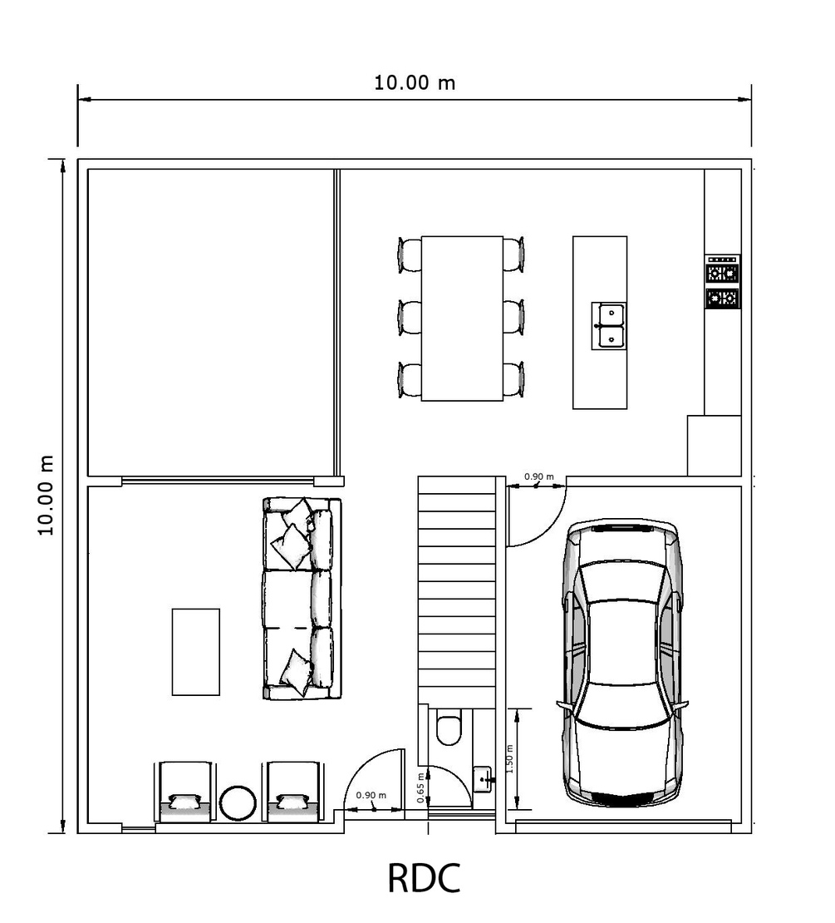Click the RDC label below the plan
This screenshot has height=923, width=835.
point(424,878)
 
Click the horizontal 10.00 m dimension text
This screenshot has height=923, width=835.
point(415,83)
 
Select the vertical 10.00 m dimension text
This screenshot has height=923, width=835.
point(46,495)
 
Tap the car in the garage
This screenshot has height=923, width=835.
point(623,663)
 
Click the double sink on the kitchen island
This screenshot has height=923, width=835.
point(609,326)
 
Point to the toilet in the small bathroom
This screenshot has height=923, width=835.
point(450,728)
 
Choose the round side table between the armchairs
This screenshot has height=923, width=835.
point(238,803)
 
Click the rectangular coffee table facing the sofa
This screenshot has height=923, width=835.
point(196,652)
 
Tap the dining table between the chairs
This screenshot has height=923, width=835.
point(462,318)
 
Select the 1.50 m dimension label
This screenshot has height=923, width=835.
point(509,759)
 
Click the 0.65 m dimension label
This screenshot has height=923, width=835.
point(420,788)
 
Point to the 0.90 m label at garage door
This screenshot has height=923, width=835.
point(538,476)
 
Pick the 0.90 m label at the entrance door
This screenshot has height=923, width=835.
point(371,795)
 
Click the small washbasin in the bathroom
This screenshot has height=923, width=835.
point(483,779)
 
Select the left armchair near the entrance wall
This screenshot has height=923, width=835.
point(184,792)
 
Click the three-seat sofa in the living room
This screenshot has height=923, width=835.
point(302,599)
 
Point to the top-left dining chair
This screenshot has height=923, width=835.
point(410,254)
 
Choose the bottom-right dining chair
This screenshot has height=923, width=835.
point(514,380)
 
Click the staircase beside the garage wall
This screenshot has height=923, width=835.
point(456,589)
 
